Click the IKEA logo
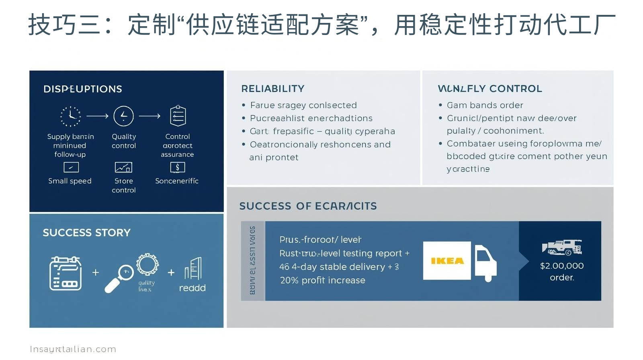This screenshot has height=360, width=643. (447, 261)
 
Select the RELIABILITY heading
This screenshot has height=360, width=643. (273, 89)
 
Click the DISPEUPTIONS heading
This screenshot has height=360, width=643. (83, 89)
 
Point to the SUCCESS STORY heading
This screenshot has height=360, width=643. (87, 233)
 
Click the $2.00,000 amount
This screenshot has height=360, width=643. (562, 266)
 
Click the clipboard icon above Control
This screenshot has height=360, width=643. (178, 116)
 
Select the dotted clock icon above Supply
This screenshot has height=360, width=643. (71, 117)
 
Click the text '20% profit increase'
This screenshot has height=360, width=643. (323, 280)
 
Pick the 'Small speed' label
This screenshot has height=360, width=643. (70, 181)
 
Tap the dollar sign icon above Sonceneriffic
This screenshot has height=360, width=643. (177, 167)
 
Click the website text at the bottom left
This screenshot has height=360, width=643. (73, 349)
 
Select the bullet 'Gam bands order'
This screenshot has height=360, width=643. (485, 105)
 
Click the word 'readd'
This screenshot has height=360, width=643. (192, 288)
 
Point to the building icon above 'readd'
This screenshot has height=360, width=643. (193, 268)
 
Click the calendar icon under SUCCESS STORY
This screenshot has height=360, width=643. (66, 273)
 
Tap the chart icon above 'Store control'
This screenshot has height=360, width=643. (123, 167)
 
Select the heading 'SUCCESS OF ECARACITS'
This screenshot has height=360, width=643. (308, 206)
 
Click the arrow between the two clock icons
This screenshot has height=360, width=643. (97, 116)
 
